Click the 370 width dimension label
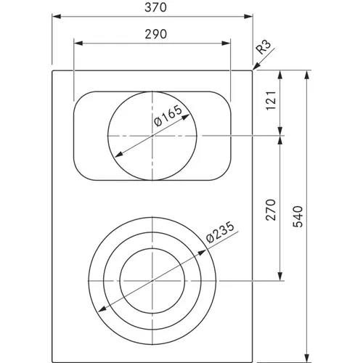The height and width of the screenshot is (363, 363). click(x=155, y=7)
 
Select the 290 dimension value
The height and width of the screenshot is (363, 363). click(x=156, y=34)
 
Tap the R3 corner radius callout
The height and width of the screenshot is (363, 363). click(x=263, y=47)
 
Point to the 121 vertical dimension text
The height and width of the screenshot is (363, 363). click(x=271, y=100)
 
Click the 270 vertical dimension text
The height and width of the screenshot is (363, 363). click(x=271, y=210)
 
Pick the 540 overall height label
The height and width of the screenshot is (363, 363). click(x=298, y=216)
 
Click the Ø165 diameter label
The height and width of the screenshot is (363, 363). click(x=168, y=115)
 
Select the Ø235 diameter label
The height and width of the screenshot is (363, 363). click(x=221, y=232)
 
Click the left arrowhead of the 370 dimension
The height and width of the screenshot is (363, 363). click(x=57, y=17)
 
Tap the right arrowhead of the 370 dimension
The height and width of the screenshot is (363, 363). click(x=248, y=17)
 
